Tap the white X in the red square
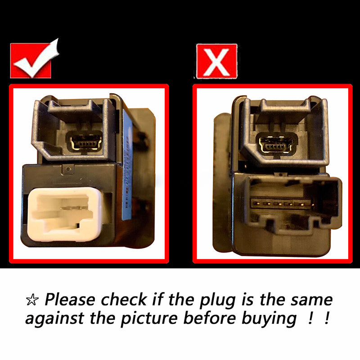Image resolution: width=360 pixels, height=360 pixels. pyautogui.click(x=216, y=62)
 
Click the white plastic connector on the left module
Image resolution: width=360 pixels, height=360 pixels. pyautogui.click(x=65, y=214)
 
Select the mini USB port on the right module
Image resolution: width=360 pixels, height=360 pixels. pyautogui.click(x=276, y=144)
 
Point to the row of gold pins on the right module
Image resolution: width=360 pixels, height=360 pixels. pyautogui.click(x=282, y=204)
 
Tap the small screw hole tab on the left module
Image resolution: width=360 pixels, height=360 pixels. pyautogui.click(x=68, y=170)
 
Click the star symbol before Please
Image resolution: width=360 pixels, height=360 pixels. pyautogui.click(x=32, y=300)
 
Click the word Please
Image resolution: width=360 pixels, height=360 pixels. pyautogui.click(x=70, y=300)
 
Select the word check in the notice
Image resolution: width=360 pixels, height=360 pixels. pyautogui.click(x=124, y=300)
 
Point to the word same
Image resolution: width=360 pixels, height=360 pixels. pyautogui.click(x=311, y=300)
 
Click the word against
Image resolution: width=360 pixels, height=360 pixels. pyautogui.click(x=54, y=319)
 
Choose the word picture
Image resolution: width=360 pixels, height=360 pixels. pyautogui.click(x=149, y=319)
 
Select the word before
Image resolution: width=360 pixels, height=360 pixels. pyautogui.click(x=210, y=318)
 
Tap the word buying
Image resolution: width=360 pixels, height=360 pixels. pyautogui.click(x=269, y=319)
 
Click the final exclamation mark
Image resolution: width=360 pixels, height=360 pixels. pyautogui.click(x=328, y=318)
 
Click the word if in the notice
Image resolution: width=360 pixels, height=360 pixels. pyautogui.click(x=158, y=299)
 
